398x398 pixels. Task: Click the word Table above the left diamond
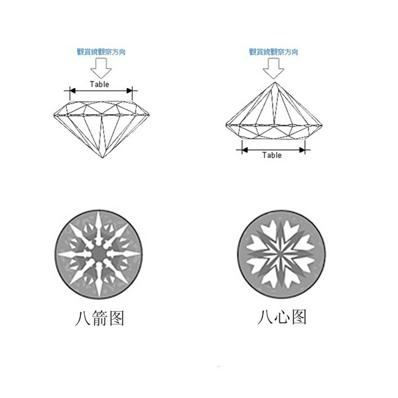coord(99,84)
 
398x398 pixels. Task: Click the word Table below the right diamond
coord(272,155)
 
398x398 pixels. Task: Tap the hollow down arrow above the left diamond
coord(101,68)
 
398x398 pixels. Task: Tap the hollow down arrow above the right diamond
coord(273,68)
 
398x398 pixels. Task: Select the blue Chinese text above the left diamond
coord(101,52)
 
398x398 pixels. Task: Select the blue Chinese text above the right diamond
coord(273,52)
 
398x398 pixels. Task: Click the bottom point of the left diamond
coord(103,158)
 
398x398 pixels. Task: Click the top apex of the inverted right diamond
coord(275,82)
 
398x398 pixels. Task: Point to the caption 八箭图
coord(99,318)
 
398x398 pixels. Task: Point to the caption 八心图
coord(282,317)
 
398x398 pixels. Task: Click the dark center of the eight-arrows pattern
coord(99,253)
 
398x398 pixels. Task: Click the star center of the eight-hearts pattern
coord(281,254)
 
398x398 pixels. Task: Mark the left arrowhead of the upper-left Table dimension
coord(73,91)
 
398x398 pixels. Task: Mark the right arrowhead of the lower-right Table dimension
coord(302,150)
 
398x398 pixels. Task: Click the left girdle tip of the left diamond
coord(54,115)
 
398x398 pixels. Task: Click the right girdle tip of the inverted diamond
coord(322,125)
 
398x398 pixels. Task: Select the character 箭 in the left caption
coord(99,318)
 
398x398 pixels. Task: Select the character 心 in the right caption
coord(282,317)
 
